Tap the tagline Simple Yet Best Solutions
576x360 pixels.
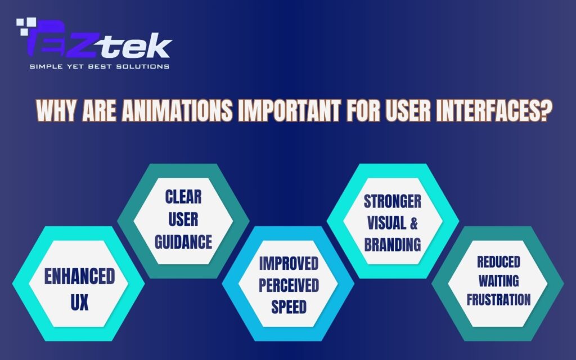coord(99,67)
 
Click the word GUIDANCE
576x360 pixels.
coord(183,242)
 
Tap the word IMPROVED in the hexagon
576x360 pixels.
coord(288,263)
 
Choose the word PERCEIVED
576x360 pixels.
coord(288,285)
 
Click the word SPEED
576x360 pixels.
coord(288,307)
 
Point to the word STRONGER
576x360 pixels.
coord(393,201)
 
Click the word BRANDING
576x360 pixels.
coord(393,245)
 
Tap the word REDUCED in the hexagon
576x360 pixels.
coord(498,262)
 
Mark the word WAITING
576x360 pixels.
coord(498,280)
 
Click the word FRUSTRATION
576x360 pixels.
coord(498,299)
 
